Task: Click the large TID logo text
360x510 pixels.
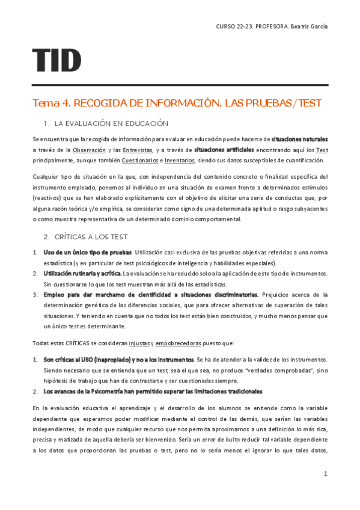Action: point(57,60)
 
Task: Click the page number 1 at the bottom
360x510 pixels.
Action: point(325,474)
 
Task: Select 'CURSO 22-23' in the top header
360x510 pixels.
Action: point(234,26)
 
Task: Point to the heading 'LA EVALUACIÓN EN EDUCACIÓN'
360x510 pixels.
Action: point(111,123)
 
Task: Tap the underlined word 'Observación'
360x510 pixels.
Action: point(90,150)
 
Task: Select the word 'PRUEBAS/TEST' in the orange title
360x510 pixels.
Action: point(282,103)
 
